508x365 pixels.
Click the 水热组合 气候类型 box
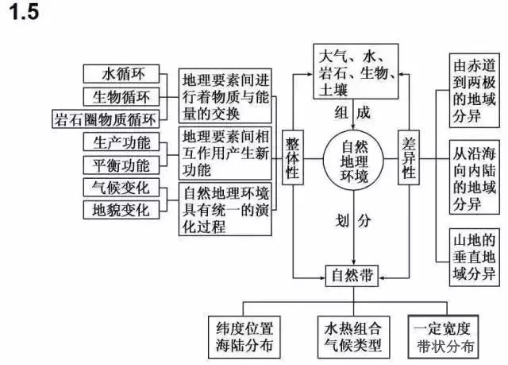pyautogui.click(x=352, y=336)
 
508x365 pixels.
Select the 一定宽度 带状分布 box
pyautogui.click(x=444, y=336)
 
